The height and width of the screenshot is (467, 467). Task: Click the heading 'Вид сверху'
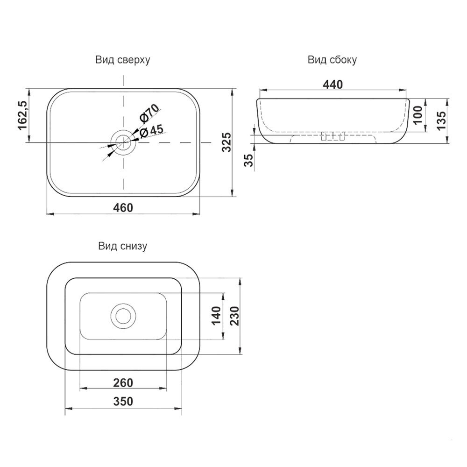[x=122, y=60]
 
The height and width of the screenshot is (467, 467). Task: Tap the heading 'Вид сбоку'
[x=332, y=60]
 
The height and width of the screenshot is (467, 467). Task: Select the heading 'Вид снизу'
[x=122, y=246]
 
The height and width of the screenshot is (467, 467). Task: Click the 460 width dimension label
[x=123, y=208]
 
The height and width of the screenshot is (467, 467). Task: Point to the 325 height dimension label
[x=226, y=142]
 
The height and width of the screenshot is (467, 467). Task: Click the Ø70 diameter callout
[x=149, y=114]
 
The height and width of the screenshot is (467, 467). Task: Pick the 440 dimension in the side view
[x=333, y=85]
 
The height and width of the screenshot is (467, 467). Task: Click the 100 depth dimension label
[x=418, y=115]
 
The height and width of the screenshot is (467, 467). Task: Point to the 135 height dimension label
[x=441, y=120]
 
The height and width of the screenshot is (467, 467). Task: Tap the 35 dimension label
[x=248, y=160]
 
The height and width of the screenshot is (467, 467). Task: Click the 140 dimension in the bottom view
[x=216, y=316]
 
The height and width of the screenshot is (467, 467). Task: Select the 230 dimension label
[x=235, y=316]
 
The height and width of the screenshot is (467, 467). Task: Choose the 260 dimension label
[x=123, y=383]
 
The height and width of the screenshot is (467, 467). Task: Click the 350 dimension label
[x=123, y=402]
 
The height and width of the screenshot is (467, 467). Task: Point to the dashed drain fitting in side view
[x=333, y=136]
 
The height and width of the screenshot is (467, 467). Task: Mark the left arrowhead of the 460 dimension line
[x=50, y=214]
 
